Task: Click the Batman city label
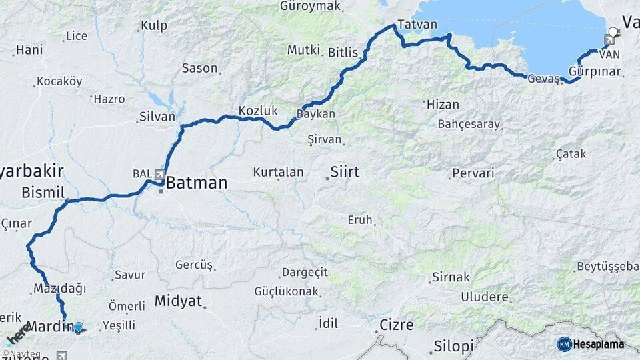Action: pyautogui.click(x=197, y=183)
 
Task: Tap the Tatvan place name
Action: pyautogui.click(x=417, y=25)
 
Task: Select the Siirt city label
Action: pyautogui.click(x=345, y=172)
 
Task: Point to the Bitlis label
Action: pyautogui.click(x=343, y=52)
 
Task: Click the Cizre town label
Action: pyautogui.click(x=396, y=325)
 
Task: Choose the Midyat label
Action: pyautogui.click(x=178, y=301)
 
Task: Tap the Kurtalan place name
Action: pyautogui.click(x=278, y=172)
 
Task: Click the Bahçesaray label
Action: pyautogui.click(x=469, y=124)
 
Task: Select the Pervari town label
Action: pyautogui.click(x=473, y=173)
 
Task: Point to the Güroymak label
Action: pyautogui.click(x=311, y=6)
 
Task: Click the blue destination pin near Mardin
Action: pyautogui.click(x=79, y=327)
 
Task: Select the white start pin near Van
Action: pyautogui.click(x=613, y=31)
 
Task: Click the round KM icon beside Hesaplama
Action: pyautogui.click(x=564, y=344)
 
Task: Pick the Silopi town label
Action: pyautogui.click(x=453, y=346)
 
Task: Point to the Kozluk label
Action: pyautogui.click(x=258, y=110)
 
